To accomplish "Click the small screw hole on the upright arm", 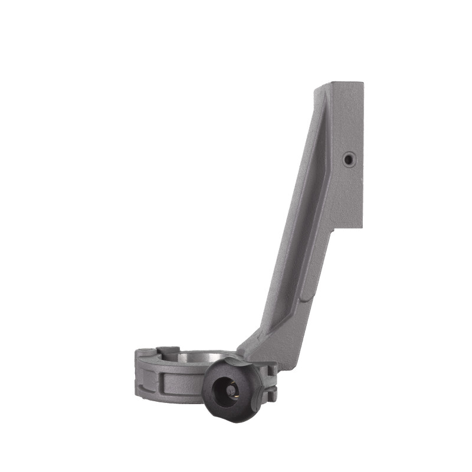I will point(349,159).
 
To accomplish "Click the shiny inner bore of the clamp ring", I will point(198,356).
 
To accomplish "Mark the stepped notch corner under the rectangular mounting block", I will point(333,229).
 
